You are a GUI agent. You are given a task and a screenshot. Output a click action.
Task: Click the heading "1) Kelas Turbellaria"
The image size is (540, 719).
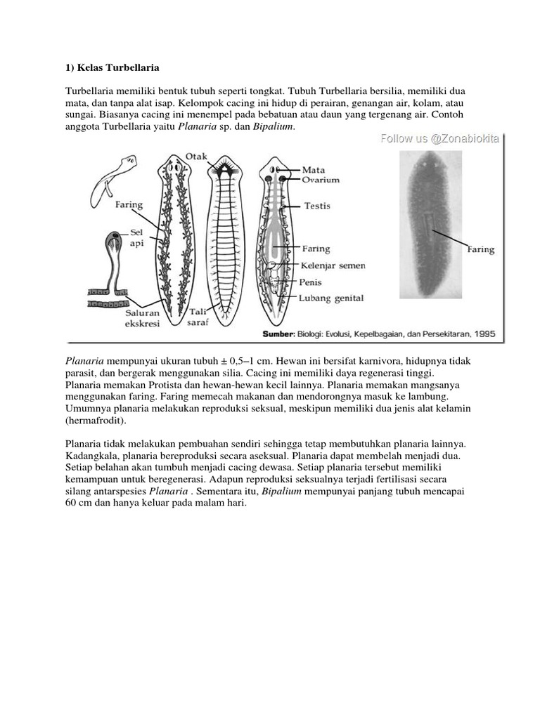pos(112,68)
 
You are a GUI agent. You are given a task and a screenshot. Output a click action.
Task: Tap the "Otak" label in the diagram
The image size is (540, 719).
pos(196,157)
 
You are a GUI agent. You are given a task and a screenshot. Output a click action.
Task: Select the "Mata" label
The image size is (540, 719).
pos(313,170)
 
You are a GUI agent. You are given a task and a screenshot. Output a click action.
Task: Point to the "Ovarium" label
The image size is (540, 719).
pos(321,180)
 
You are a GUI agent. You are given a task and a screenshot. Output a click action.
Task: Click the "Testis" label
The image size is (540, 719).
pos(317,206)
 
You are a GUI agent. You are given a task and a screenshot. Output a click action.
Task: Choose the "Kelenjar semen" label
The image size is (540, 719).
pos(333,265)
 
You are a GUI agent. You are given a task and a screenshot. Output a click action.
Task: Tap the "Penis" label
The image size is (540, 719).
pos(310,282)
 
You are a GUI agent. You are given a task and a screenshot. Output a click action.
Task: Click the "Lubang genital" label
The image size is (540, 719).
pos(331,298)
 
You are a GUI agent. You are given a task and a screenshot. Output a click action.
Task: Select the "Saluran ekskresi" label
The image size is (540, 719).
pos(142,318)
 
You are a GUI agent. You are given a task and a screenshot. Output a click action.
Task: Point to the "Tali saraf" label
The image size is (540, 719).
pos(198,317)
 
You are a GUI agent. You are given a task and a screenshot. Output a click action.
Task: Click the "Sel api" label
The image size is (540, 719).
pos(137,237)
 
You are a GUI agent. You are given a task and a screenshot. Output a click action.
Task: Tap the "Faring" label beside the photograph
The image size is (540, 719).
pos(481,250)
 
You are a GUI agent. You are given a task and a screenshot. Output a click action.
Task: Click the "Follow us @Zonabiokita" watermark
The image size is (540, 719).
pos(440,138)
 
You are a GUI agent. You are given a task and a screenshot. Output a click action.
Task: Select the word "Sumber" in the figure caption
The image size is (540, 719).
pos(278,334)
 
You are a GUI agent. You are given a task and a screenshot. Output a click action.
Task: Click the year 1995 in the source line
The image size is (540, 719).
pos(485,334)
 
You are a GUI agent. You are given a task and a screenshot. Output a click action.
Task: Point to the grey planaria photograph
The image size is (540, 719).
pos(430,225)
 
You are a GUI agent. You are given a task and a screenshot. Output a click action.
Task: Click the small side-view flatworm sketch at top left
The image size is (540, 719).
pos(113,181)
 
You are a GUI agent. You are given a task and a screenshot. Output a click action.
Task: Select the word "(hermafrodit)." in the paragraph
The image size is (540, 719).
pos(96,421)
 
